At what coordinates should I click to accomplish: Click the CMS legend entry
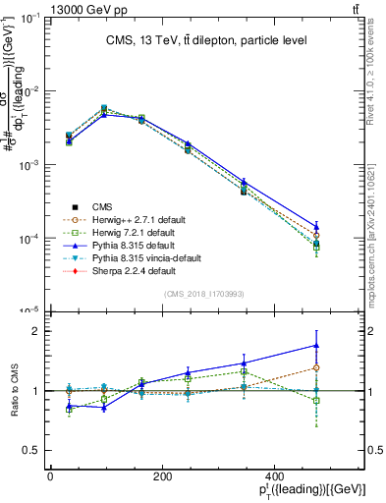click(102, 206)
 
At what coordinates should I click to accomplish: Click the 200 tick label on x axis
click(166, 477)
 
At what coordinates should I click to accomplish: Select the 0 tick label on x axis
click(50, 477)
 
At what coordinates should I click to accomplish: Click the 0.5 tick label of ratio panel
click(28, 450)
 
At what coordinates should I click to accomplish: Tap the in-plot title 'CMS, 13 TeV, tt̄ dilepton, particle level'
click(206, 40)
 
